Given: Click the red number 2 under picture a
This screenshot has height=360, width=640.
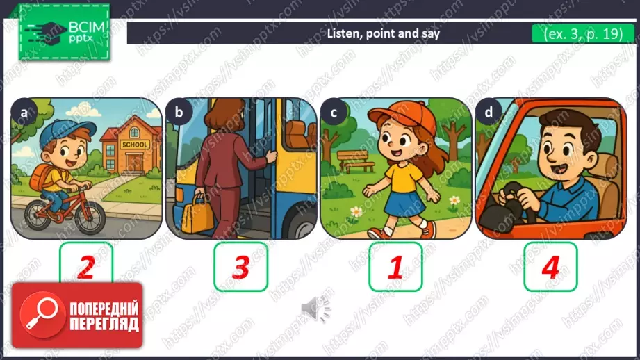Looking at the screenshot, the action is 86,268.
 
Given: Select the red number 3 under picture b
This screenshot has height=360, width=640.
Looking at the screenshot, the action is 241,268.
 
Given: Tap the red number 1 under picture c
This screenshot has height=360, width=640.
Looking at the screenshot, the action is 395,268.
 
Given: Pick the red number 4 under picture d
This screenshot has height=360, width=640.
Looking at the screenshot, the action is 550,268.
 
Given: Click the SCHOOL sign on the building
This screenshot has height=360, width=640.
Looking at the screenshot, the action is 135,145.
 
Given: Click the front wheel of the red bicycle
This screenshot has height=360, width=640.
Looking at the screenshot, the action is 90,218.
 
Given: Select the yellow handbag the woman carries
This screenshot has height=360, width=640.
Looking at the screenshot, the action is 197,215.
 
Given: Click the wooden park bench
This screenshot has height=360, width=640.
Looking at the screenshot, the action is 356,161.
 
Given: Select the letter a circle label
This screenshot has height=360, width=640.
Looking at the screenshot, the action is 24,113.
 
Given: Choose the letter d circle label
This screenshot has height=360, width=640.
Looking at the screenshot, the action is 489,113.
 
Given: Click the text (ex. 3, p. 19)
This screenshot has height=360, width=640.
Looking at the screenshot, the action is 583,33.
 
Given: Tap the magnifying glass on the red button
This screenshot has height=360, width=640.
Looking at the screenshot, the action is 42,314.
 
